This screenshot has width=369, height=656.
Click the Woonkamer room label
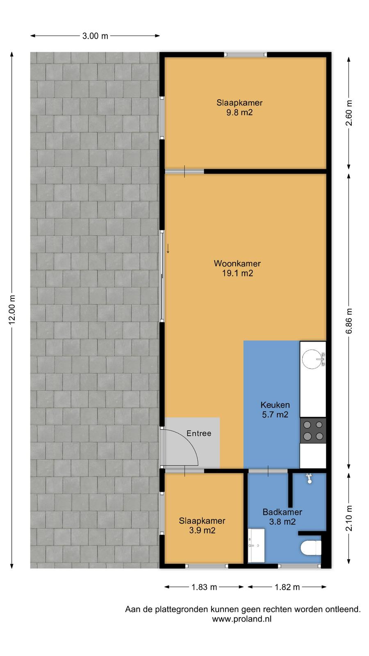click(x=237, y=263)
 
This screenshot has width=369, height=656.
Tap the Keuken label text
click(x=275, y=405)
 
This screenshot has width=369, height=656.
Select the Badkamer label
click(x=282, y=512)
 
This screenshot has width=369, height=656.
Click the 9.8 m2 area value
click(x=239, y=112)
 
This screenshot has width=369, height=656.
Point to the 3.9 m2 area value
click(x=202, y=531)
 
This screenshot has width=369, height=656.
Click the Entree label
click(x=199, y=433)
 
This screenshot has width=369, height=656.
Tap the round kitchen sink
click(x=312, y=359)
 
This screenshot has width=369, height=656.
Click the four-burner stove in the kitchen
click(x=313, y=430)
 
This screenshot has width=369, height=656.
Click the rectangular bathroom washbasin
click(x=256, y=545)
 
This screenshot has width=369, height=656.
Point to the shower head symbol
click(x=309, y=478)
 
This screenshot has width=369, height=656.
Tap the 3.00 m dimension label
click(x=95, y=36)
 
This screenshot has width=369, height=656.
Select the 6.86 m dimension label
click(x=349, y=321)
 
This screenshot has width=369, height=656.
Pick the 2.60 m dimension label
click(x=349, y=113)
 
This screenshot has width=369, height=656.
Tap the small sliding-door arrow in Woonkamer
click(x=168, y=248)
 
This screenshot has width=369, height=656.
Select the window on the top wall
click(x=246, y=55)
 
